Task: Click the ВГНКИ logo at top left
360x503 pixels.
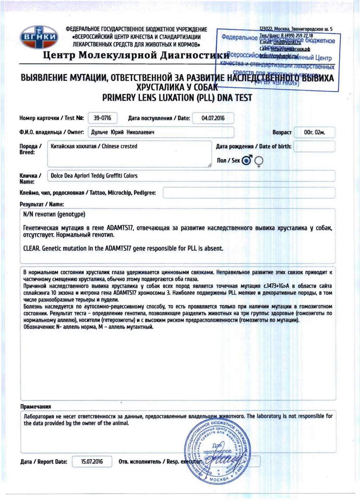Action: coord(39,37)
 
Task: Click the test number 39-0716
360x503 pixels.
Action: coord(102,118)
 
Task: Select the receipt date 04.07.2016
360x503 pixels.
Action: coord(213,118)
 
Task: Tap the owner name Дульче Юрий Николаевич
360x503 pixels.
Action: coord(123,132)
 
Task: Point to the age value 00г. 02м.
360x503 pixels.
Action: coord(314,133)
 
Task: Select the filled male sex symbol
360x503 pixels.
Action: coord(247,161)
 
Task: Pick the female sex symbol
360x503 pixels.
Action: coord(259,161)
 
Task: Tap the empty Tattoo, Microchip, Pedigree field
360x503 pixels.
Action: coord(249,193)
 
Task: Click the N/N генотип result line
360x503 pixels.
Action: coord(54,214)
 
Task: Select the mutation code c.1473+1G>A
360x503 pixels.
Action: coord(276,286)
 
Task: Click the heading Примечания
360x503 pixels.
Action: coord(36,407)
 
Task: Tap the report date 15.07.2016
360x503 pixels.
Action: coord(92,462)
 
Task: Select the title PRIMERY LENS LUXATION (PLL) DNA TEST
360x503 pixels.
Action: coord(177,98)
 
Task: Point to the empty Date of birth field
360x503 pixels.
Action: coord(314,147)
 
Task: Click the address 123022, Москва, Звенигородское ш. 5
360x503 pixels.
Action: coord(296,29)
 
